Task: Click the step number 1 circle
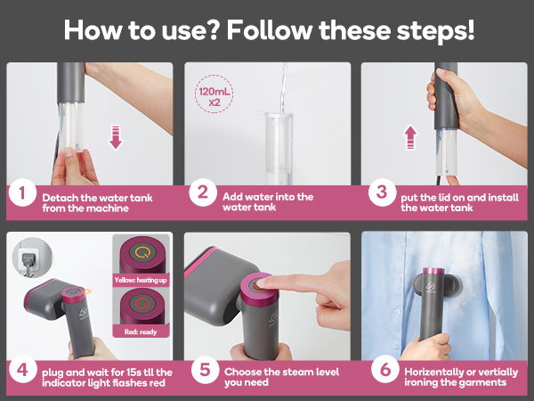point(22,192)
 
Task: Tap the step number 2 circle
point(203,192)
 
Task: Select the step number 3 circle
point(382,192)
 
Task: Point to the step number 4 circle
point(23,369)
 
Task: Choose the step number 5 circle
point(205,369)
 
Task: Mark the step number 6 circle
point(385,369)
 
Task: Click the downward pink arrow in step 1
point(116,137)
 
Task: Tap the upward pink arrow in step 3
point(410,137)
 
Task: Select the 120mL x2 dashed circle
point(214,94)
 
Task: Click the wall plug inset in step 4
point(32,258)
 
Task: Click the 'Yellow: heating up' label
point(141,281)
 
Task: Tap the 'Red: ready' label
point(141,331)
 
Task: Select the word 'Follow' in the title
point(270,30)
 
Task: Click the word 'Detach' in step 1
point(61,198)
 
